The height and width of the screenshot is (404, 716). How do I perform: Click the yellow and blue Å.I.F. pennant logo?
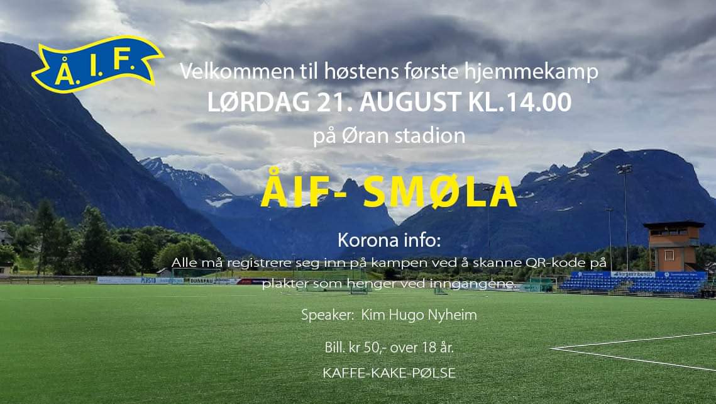point(97,64)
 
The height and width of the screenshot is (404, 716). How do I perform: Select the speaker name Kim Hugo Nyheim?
point(419,315)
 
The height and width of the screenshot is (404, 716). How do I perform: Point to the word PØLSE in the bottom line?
point(435,373)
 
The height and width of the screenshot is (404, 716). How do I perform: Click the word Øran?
point(367,136)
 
